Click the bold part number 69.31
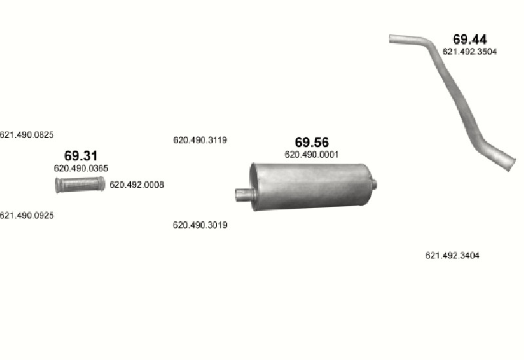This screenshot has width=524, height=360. pyautogui.click(x=81, y=156)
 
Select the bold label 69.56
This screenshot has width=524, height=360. pyautogui.click(x=312, y=142)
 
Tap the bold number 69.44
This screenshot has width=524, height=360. pyautogui.click(x=470, y=39)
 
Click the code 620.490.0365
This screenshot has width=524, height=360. pyautogui.click(x=81, y=168)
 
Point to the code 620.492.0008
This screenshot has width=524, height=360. pyautogui.click(x=137, y=185)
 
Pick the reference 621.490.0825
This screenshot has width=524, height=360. pyautogui.click(x=26, y=135)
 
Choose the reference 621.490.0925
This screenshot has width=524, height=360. pyautogui.click(x=26, y=215)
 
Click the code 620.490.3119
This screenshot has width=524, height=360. pyautogui.click(x=200, y=140)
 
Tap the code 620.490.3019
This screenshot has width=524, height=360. pyautogui.click(x=200, y=225)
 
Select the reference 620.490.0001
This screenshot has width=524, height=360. pyautogui.click(x=312, y=154)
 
